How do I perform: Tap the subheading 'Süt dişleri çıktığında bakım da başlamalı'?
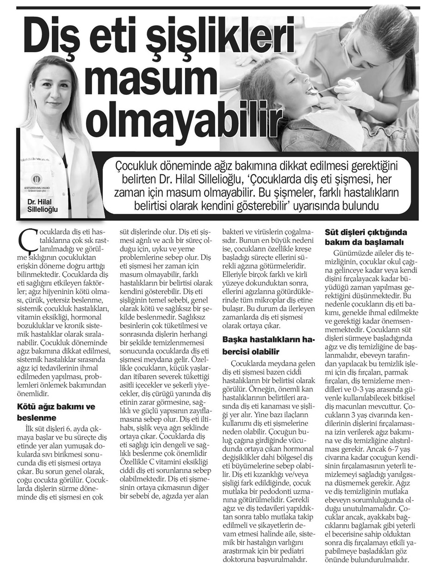[x=365, y=236]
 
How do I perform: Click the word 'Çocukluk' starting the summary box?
[x=141, y=165]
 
